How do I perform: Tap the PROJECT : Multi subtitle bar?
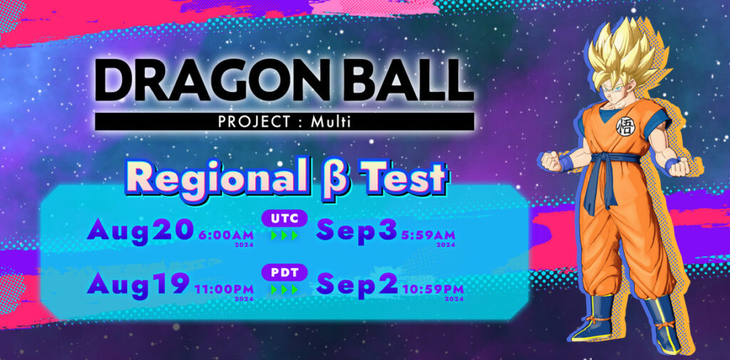(x=284, y=121)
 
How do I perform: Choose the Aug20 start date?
(x=140, y=230)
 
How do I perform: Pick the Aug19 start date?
(x=140, y=284)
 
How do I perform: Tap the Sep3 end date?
(x=356, y=230)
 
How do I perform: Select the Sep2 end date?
(x=356, y=284)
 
